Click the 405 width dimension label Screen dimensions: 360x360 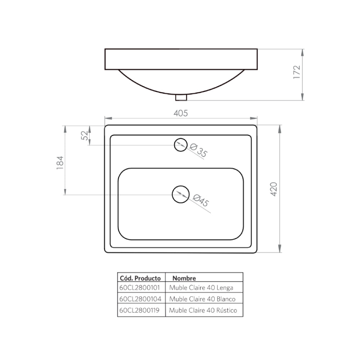[181, 113]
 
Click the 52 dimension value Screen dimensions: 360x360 [85, 135]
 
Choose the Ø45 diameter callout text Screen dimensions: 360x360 [201, 200]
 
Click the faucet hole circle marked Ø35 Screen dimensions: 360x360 [180, 145]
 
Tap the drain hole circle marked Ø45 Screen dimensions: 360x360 [180, 194]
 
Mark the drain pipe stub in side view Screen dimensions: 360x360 [181, 97]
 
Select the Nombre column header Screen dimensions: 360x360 [184, 278]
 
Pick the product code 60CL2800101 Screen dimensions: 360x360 [141, 288]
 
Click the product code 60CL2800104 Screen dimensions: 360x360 [141, 299]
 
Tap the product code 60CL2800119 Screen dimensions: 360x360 [141, 310]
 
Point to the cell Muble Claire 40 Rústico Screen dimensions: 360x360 [203, 310]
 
